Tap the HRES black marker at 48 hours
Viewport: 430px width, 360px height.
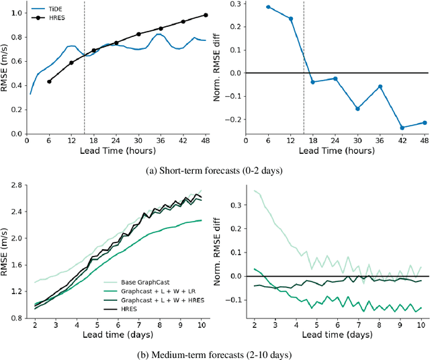206,15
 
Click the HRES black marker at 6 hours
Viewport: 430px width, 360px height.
49,81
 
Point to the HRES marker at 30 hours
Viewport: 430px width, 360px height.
138,34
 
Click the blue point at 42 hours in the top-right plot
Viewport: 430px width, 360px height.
402,128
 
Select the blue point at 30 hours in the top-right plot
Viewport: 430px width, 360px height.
357,109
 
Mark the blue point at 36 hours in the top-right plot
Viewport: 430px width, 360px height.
380,87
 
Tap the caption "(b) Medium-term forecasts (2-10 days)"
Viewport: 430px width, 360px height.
214,351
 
